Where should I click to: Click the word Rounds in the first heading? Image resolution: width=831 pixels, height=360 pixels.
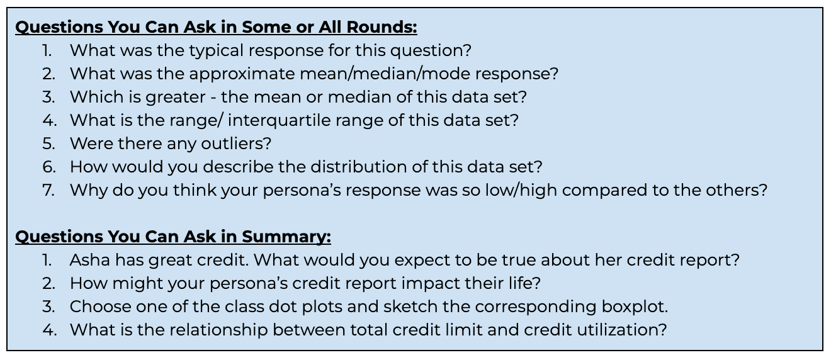(x=382, y=27)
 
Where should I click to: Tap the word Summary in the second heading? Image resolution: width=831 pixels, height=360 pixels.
(x=286, y=237)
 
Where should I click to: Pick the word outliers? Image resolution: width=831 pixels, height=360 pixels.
(x=236, y=143)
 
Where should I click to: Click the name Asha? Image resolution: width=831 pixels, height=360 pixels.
(x=90, y=260)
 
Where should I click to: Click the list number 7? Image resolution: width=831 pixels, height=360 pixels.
(x=48, y=190)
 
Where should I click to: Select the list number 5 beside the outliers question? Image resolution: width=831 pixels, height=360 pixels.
(x=48, y=143)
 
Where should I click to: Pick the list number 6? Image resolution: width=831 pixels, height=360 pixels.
(x=48, y=167)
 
